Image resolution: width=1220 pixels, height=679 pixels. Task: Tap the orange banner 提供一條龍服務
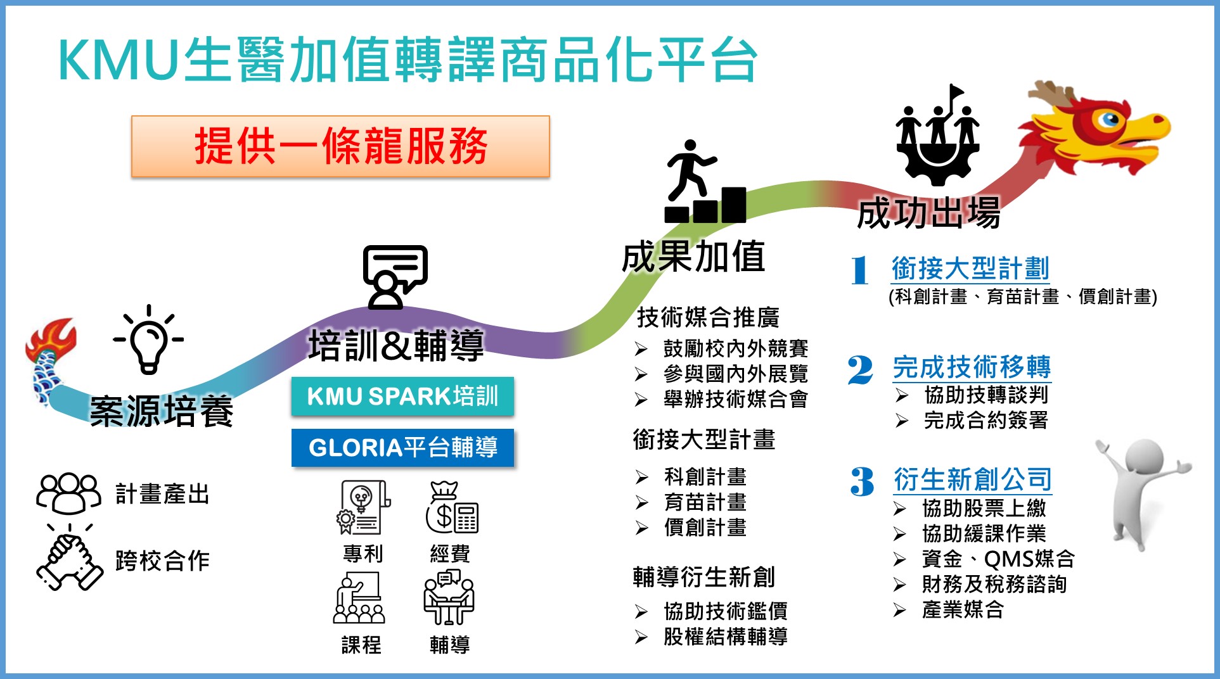(x=340, y=146)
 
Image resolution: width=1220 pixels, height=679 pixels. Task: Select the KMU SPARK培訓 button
(x=402, y=397)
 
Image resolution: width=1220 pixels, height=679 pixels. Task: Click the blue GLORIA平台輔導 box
(x=402, y=448)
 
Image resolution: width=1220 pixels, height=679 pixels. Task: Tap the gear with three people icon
(x=937, y=136)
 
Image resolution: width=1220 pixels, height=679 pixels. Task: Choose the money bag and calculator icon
(x=451, y=508)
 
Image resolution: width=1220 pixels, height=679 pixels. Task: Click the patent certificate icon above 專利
(x=363, y=507)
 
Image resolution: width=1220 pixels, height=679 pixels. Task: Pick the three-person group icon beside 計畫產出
(x=68, y=493)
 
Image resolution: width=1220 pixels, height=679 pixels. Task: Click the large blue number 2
(x=860, y=370)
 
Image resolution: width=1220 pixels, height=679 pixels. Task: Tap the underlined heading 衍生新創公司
(x=973, y=479)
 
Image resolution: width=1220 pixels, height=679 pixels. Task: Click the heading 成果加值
(x=693, y=257)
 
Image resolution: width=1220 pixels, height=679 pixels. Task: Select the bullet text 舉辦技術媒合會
(x=735, y=399)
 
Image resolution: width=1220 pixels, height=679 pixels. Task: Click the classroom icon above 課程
(x=359, y=598)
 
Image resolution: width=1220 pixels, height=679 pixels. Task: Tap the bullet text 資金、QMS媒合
(x=998, y=559)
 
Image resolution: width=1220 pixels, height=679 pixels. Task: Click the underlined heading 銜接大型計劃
(x=970, y=269)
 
